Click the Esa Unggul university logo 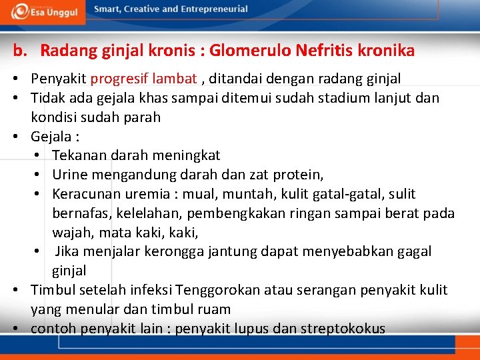(x=47, y=10)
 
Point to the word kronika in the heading (x=387, y=51)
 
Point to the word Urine (x=69, y=175)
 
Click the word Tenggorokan (x=218, y=290)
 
